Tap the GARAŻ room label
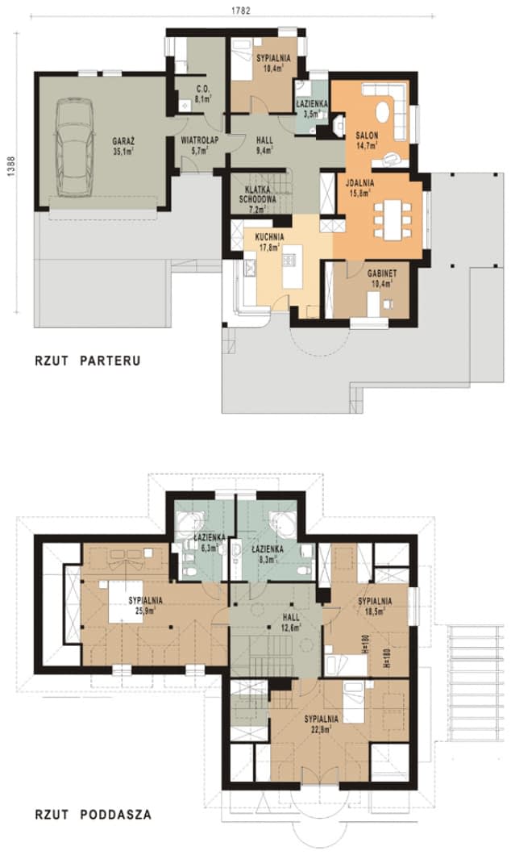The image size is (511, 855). click(123, 141)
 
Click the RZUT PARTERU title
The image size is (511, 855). click(87, 361)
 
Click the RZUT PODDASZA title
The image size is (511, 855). click(92, 815)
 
